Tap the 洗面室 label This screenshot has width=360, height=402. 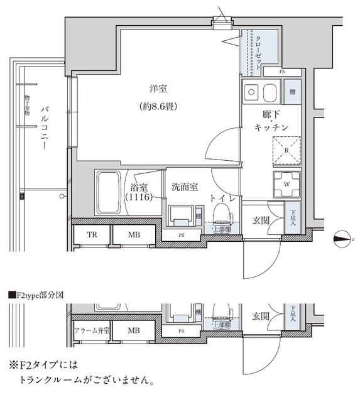pyautogui.click(x=185, y=187)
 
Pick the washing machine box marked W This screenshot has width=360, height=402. pyautogui.click(x=286, y=183)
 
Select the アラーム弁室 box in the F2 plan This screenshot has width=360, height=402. pyautogui.click(x=92, y=330)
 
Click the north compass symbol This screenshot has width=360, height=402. pyautogui.click(x=342, y=237)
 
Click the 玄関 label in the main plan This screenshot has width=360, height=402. pyautogui.click(x=262, y=220)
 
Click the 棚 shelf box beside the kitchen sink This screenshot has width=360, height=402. pyautogui.click(x=293, y=93)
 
